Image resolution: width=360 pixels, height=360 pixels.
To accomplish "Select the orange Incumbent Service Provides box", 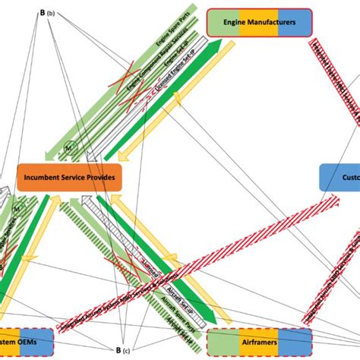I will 69,176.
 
